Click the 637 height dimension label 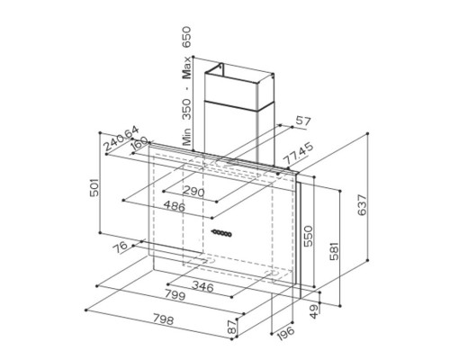click(x=362, y=205)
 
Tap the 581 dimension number click(x=334, y=251)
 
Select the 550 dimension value click(x=308, y=236)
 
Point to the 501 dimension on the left click(x=94, y=187)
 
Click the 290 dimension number click(x=193, y=191)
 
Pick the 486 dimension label click(x=175, y=206)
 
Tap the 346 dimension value click(x=202, y=286)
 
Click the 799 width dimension click(x=175, y=295)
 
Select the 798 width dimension click(x=163, y=319)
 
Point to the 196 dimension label click(x=285, y=333)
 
